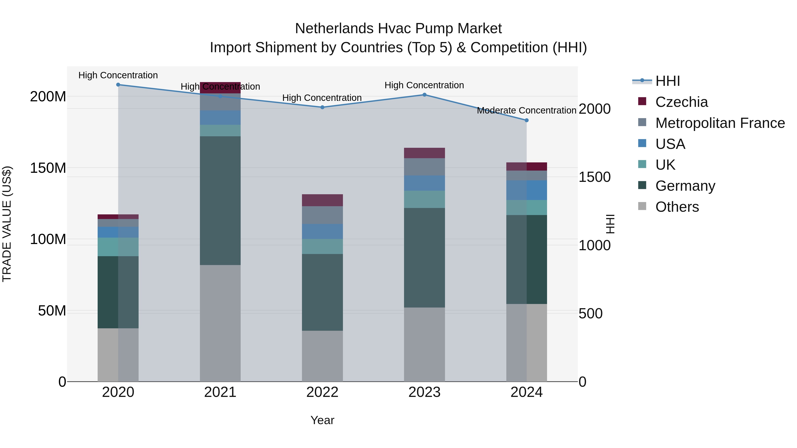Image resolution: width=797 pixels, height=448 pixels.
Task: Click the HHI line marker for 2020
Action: pos(118,85)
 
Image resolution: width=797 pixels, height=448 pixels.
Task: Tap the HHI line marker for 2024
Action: pos(527,120)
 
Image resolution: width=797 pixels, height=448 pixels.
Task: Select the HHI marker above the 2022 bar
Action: pos(322,107)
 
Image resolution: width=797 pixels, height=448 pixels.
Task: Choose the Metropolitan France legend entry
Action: pos(720,123)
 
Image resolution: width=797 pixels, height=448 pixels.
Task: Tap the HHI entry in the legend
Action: pos(667,81)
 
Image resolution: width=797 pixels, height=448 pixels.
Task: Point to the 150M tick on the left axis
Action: pos(48,168)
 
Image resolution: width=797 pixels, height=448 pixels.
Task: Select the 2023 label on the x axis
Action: pos(424,392)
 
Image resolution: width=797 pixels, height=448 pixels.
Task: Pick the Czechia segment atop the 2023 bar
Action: pos(424,153)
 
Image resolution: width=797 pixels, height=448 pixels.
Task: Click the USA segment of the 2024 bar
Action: pos(527,190)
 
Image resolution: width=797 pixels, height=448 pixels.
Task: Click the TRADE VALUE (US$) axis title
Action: pos(7,224)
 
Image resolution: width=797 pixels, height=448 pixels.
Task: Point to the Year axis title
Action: pos(322,420)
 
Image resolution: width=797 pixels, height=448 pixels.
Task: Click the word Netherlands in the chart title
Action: pos(334,29)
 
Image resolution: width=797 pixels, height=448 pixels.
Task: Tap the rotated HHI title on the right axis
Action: pos(610,224)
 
